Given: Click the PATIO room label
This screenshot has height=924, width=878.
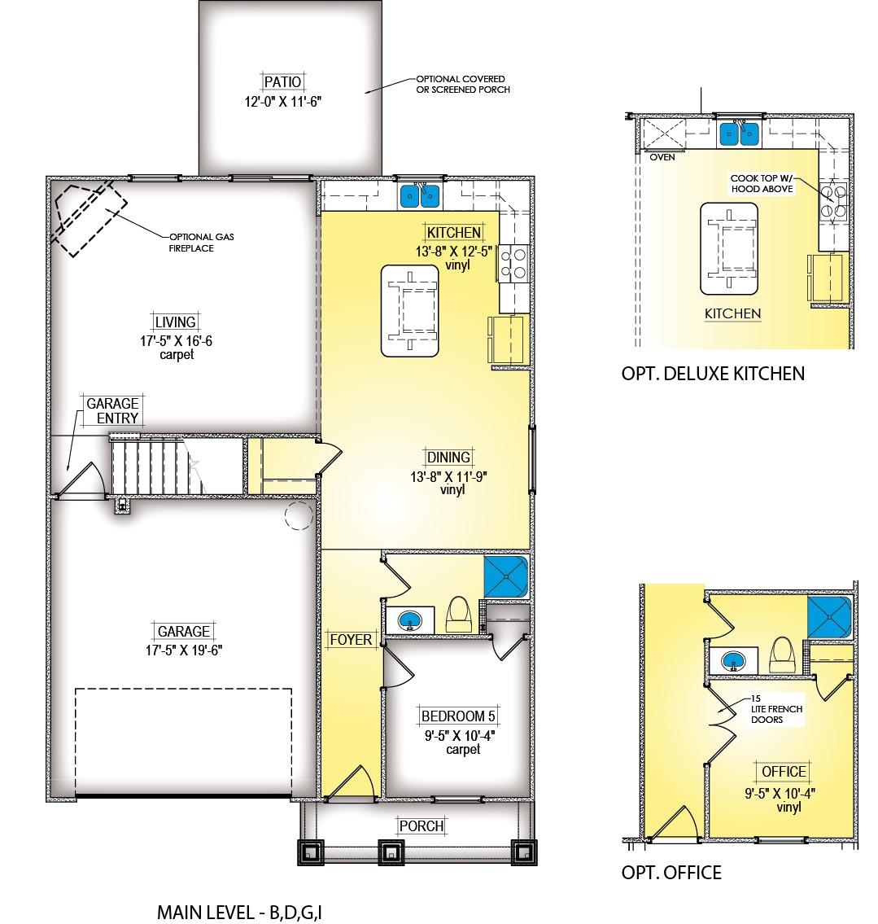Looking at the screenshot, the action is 282,82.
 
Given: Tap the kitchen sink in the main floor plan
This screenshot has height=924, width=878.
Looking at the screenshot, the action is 420,195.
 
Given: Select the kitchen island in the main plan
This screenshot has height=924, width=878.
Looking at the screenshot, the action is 410,311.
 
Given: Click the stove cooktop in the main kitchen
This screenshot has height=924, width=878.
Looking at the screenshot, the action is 513,263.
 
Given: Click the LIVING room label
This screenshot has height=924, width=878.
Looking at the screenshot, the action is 176,322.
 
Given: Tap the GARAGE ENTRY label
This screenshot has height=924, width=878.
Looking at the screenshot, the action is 112,411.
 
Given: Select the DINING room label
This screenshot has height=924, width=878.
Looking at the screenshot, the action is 448,458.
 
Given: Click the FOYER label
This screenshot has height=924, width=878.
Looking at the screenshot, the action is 351,639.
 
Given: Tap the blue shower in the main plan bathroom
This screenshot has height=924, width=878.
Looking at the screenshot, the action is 506,576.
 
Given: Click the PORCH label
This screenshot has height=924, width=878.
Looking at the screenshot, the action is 422,826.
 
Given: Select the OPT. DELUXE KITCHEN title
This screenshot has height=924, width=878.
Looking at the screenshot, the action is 713,374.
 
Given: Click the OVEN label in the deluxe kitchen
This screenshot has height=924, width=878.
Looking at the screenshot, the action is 662,157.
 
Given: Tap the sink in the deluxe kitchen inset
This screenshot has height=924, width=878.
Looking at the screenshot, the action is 739,134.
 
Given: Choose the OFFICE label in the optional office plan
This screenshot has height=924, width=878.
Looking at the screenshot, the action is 784,772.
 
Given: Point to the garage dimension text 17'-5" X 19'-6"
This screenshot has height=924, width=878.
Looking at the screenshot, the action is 185,650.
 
